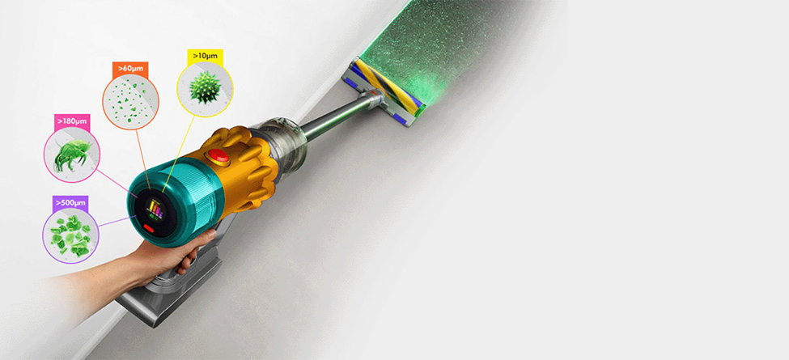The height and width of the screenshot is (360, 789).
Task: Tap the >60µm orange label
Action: [130, 68]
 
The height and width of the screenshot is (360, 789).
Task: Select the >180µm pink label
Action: [72, 121]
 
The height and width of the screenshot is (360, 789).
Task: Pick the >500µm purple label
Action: [70, 202]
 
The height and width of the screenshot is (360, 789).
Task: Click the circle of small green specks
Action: [130, 102]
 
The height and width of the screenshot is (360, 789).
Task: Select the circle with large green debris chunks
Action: [71, 235]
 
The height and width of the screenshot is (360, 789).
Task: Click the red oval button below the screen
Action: [150, 229]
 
